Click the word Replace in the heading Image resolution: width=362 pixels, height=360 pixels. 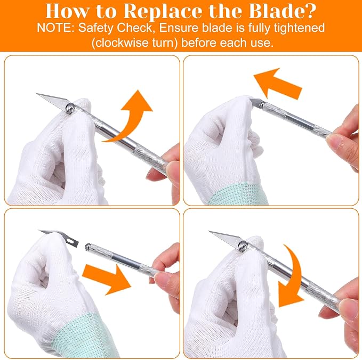pyautogui.click(x=163, y=11)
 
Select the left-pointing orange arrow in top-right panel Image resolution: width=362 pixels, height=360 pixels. pyautogui.click(x=278, y=84)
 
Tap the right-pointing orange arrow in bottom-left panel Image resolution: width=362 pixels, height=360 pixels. pyautogui.click(x=107, y=280)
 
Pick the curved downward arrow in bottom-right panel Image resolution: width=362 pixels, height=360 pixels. pyautogui.click(x=291, y=277)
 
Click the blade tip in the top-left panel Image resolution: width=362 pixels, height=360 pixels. pyautogui.click(x=36, y=93)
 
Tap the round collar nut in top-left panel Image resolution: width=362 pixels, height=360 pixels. pyautogui.click(x=70, y=109)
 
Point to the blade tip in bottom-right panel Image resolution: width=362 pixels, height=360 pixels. pyautogui.click(x=209, y=231)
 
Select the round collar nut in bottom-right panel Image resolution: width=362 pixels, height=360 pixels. pyautogui.click(x=243, y=246)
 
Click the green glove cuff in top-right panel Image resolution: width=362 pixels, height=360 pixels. pyautogui.click(x=238, y=194)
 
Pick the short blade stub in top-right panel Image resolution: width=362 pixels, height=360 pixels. pyautogui.click(x=255, y=102)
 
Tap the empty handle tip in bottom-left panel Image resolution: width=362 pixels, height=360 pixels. pyautogui.click(x=88, y=247)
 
